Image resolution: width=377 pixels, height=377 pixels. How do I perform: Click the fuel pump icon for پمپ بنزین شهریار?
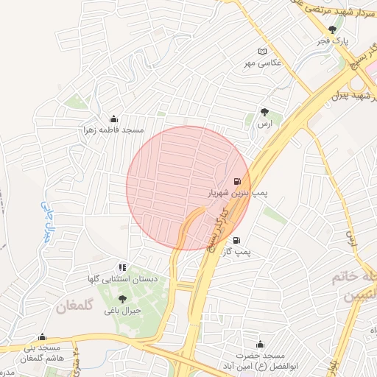(x=236, y=181)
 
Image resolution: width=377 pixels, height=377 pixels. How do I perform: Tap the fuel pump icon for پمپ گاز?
(x=236, y=240)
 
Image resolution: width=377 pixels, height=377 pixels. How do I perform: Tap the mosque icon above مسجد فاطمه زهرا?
(x=113, y=119)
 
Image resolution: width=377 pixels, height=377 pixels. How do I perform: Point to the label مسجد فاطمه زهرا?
(x=113, y=130)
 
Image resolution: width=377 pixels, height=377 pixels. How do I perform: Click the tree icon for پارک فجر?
(x=333, y=29)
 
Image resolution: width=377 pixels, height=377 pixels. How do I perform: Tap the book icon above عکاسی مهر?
(x=264, y=52)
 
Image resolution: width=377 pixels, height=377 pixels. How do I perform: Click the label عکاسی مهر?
(x=264, y=63)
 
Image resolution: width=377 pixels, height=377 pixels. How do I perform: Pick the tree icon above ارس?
(x=264, y=112)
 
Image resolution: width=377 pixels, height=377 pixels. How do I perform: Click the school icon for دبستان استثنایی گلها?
(x=122, y=267)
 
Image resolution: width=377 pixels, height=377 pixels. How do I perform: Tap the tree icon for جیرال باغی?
(x=122, y=299)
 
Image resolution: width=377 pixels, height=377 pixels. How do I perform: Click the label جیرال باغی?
(x=122, y=311)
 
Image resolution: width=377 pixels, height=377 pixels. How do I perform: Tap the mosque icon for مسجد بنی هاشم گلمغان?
(x=41, y=337)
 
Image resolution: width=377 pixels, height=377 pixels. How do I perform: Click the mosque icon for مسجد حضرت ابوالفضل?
(x=259, y=344)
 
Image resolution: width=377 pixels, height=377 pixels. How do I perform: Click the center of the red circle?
(x=188, y=188)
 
